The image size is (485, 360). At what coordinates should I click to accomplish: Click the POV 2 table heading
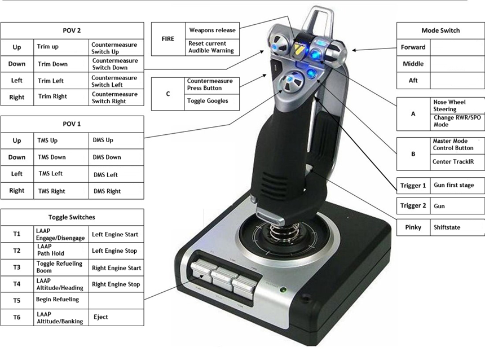pos(72,30)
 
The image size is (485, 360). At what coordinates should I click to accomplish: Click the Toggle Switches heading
pos(72,217)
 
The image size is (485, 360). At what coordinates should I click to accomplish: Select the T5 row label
pos(17,300)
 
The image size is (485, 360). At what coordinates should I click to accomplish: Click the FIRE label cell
pos(169,39)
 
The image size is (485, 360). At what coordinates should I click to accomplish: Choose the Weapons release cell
pos(212,30)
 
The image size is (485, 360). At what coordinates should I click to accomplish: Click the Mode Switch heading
pos(440,30)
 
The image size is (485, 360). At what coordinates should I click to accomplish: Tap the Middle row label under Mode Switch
pos(413,64)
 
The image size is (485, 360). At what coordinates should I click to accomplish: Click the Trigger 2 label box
pos(413,206)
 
